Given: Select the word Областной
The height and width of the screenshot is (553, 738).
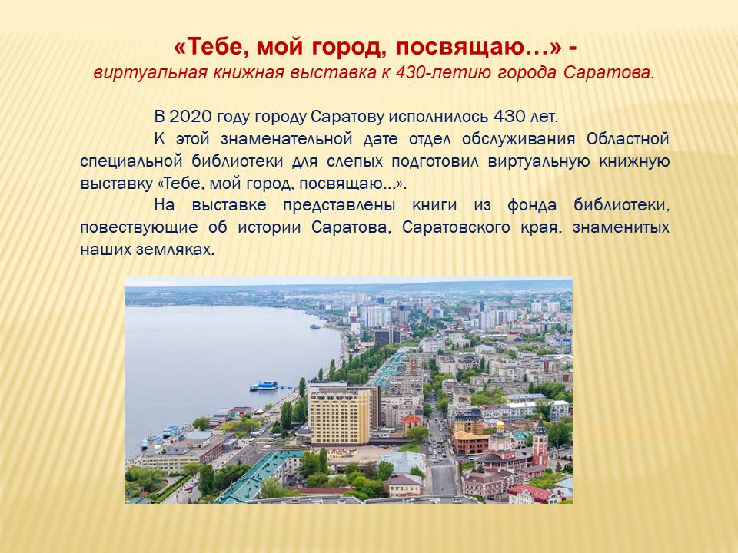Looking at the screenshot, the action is point(628,139).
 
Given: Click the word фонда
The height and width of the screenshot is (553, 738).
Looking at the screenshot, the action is point(532,205).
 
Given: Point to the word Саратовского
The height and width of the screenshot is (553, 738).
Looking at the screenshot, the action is point(456,227).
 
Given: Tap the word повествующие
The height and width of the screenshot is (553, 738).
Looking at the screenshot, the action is point(139,227).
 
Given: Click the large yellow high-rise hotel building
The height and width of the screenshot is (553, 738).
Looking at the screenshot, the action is point(340,414).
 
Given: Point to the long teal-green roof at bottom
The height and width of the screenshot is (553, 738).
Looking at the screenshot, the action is point(257,475).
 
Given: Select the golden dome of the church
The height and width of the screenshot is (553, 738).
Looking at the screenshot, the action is point(500,426).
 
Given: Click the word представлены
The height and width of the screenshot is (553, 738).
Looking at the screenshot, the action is point(339,206).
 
